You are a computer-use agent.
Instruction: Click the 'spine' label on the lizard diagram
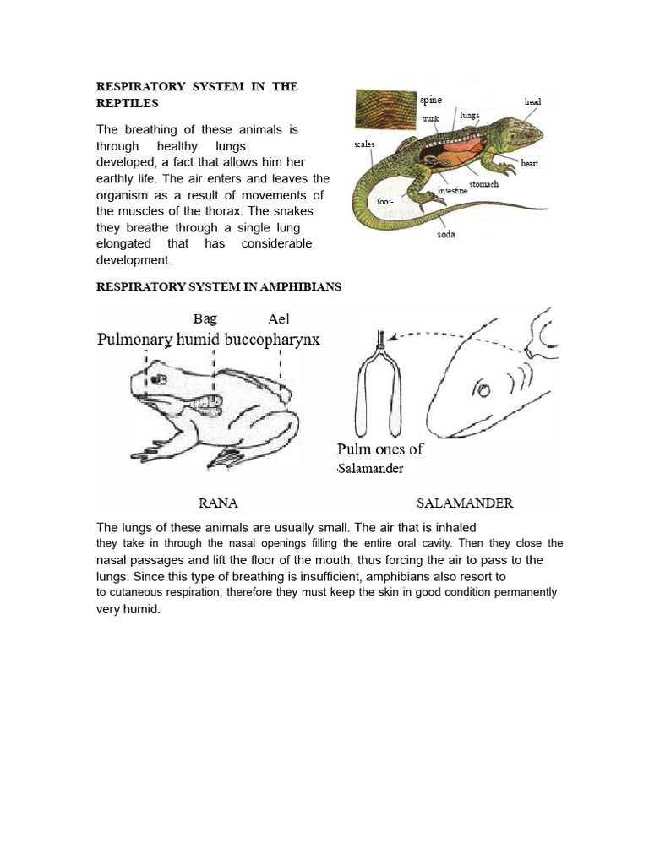(x=431, y=100)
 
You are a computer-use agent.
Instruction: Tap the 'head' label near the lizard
(x=532, y=101)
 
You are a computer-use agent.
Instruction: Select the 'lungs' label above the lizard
(x=470, y=114)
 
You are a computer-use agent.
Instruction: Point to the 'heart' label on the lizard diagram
(x=530, y=163)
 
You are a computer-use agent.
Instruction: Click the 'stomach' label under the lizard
(x=483, y=183)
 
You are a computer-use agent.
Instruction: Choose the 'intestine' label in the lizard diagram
(x=452, y=191)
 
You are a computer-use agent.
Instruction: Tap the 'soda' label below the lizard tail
(x=445, y=234)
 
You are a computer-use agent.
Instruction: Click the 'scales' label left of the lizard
(x=364, y=144)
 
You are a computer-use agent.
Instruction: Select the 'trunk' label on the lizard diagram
(x=430, y=119)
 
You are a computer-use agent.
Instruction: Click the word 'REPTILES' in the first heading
(x=126, y=103)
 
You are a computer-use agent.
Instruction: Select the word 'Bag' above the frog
(x=205, y=318)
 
